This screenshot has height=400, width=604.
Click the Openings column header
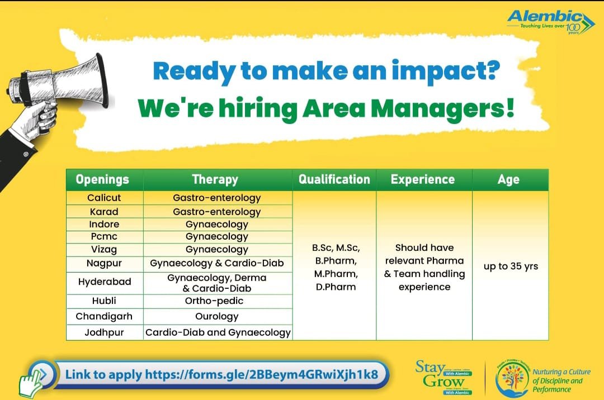pos(102,180)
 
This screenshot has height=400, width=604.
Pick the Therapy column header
pos(215,180)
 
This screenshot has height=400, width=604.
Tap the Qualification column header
pos(334,180)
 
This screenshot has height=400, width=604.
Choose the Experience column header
pos(423,180)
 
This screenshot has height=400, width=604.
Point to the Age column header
pos(508,180)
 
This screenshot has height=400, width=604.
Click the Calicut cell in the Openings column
pos(104,198)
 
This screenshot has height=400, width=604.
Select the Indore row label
pos(104,224)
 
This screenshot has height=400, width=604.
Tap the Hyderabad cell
pos(104,282)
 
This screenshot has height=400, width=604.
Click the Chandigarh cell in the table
pos(104,316)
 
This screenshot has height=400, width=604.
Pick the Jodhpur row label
pos(104,332)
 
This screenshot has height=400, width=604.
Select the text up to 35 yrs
pos(511,266)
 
